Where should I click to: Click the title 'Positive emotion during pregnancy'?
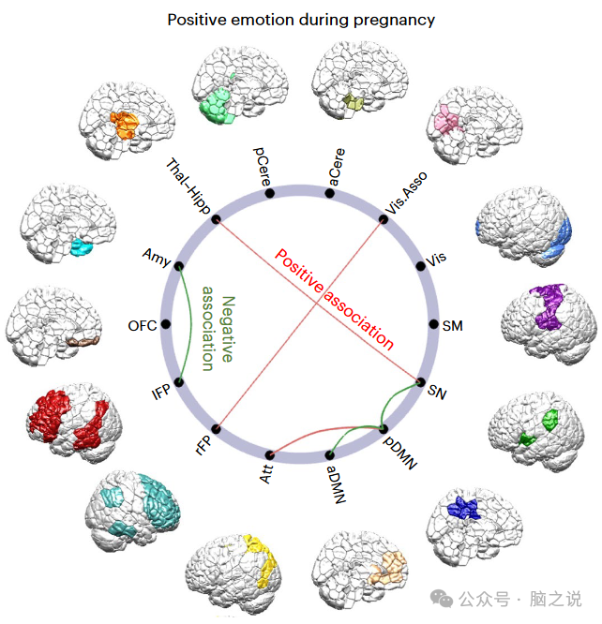pyautogui.click(x=300, y=19)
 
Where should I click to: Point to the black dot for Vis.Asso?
pyautogui.click(x=383, y=220)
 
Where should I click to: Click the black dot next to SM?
pyautogui.click(x=433, y=324)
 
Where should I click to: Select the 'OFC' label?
pyautogui.click(x=142, y=326)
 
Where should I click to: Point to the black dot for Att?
pyautogui.click(x=270, y=453)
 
